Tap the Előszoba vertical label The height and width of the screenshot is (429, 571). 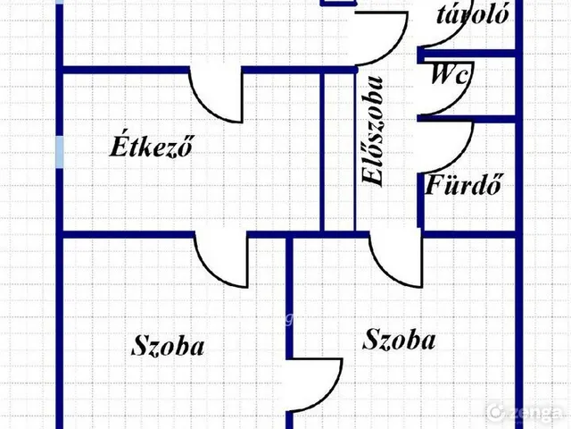pos(373,131)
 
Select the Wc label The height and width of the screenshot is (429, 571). pos(450,75)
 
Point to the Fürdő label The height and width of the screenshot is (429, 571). pos(463,184)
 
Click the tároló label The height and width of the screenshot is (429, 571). pos(473,14)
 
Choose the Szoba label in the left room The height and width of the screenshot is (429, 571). pos(168,346)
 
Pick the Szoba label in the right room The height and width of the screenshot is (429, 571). pos(399,340)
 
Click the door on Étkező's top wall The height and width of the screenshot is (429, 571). pos(216,95)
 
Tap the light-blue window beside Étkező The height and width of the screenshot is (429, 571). pos(60,152)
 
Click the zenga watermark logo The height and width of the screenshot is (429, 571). pos(525,412)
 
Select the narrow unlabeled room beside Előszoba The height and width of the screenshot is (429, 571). pos(339,152)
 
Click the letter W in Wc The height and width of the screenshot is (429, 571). pos(443,74)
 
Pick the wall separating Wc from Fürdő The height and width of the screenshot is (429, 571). pos(467,119)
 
